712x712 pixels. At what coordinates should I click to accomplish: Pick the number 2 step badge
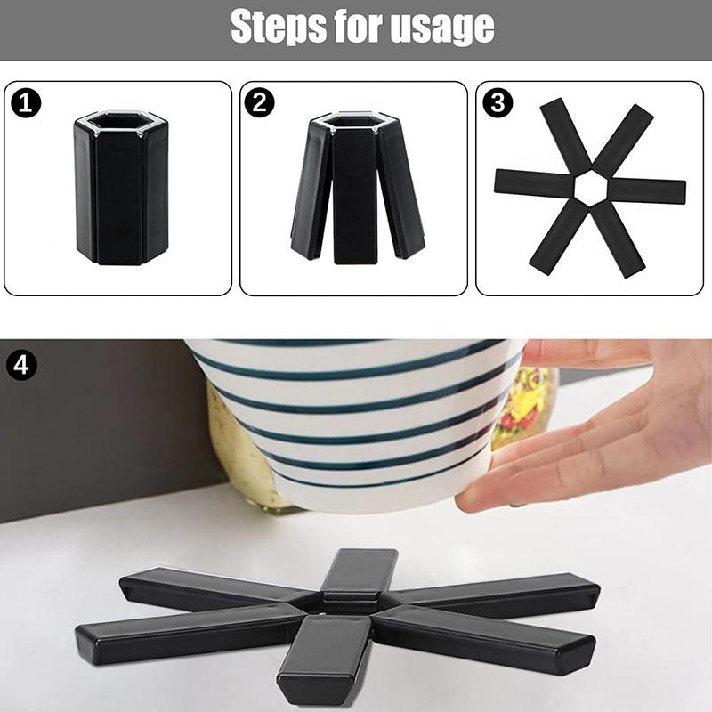259,102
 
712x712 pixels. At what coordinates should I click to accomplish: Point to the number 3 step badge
498,102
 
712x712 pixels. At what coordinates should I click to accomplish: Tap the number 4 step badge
21,365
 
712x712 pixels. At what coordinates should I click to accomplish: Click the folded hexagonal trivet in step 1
121,187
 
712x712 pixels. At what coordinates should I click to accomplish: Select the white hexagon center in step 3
590,187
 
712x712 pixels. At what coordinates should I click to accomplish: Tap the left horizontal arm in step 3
535,183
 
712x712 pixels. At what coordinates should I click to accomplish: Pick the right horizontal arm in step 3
646,190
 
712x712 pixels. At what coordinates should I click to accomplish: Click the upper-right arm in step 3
622,139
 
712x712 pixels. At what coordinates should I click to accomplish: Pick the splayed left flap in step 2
310,190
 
